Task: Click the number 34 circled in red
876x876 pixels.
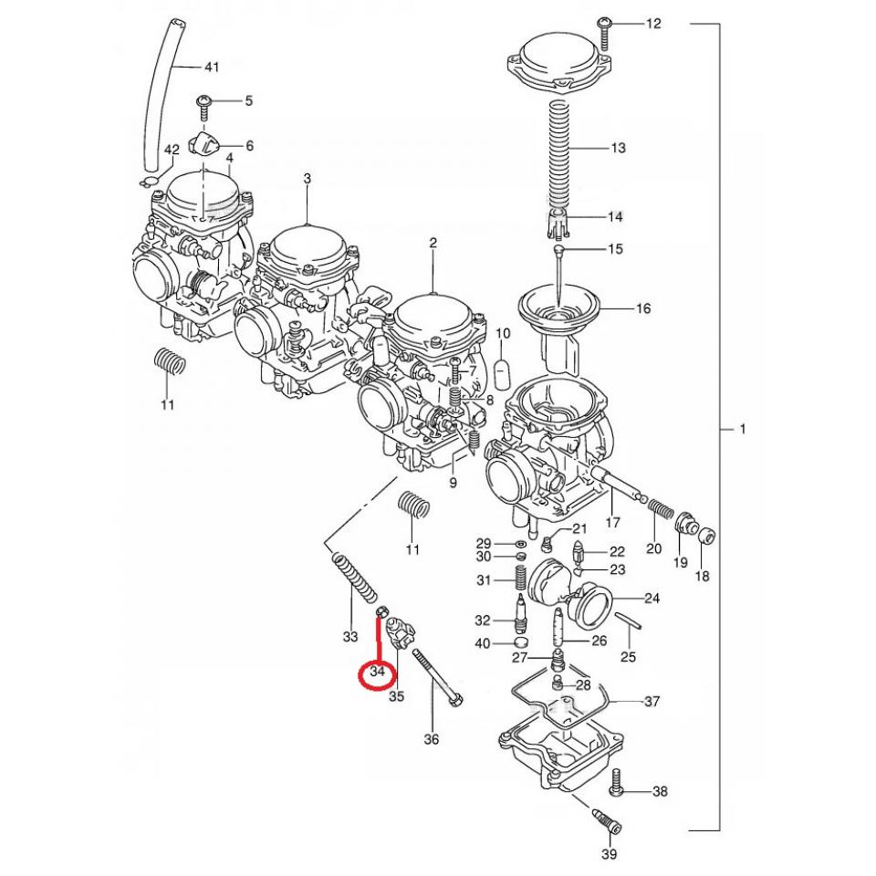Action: click(x=378, y=671)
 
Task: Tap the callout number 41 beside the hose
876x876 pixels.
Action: click(x=211, y=67)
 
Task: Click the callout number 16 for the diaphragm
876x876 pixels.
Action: click(x=643, y=308)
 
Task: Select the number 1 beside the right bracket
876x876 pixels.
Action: click(x=743, y=429)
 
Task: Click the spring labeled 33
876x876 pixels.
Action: click(x=355, y=578)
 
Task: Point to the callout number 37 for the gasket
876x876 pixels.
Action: click(x=652, y=701)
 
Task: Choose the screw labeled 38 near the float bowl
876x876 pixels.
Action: click(x=616, y=783)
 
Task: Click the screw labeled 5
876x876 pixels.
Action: click(x=203, y=107)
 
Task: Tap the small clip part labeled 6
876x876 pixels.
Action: click(x=203, y=145)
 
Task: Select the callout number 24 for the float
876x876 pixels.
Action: click(x=652, y=598)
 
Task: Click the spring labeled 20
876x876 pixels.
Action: click(x=661, y=509)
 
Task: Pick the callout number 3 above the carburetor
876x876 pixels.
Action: click(x=308, y=179)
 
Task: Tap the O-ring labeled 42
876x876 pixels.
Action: click(x=149, y=182)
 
